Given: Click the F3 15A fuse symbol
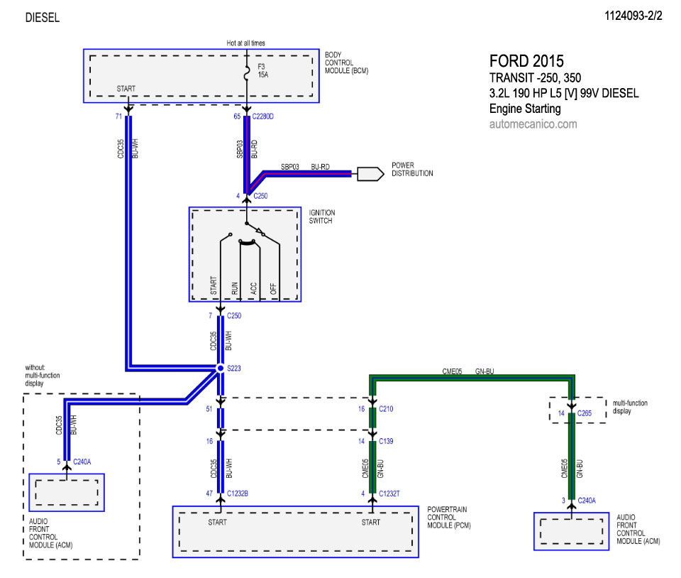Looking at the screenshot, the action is click(247, 74).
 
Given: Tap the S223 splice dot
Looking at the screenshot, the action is click(221, 369).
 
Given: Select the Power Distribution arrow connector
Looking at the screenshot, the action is click(370, 174).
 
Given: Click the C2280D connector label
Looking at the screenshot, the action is click(262, 116).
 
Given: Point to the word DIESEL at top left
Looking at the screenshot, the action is click(42, 17).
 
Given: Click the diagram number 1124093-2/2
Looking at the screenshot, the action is click(633, 16).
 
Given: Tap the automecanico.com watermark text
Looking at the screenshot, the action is click(533, 124).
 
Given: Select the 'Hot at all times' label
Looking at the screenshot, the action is click(246, 43).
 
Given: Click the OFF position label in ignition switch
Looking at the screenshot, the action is click(273, 288).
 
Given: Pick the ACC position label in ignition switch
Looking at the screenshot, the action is click(254, 288).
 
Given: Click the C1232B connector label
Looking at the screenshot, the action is click(238, 494).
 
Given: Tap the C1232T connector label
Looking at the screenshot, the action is click(389, 494).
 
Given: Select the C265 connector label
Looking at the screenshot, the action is click(584, 413).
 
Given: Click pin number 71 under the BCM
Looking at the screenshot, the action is click(118, 116).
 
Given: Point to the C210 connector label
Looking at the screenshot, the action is click(386, 408).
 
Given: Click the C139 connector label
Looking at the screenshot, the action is click(386, 441).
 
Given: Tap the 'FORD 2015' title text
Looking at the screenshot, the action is click(526, 61).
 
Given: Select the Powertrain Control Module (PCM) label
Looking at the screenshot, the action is click(448, 517).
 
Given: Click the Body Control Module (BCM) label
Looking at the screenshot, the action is click(347, 62).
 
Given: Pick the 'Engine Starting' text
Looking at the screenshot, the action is click(525, 109).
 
